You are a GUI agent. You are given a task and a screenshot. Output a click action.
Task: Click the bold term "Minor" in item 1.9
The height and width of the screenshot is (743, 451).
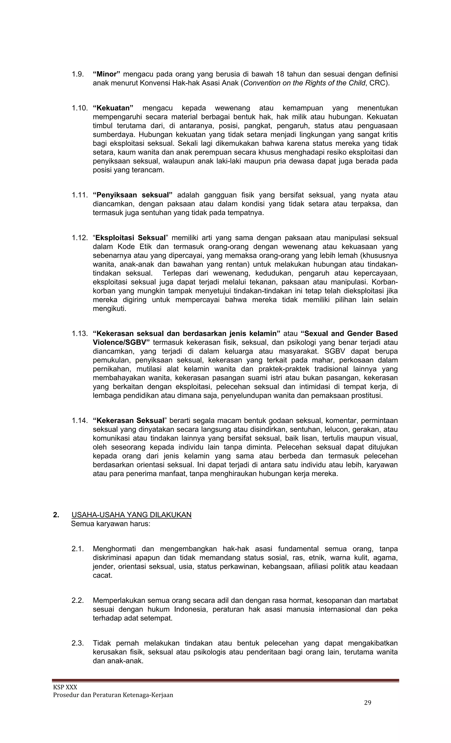point(107,74)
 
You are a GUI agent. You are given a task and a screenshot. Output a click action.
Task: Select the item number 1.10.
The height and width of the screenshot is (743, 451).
point(79,108)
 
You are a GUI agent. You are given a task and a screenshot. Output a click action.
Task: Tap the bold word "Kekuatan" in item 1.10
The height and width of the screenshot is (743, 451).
point(113,108)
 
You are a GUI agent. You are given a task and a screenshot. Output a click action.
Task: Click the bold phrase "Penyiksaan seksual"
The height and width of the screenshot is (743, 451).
point(133,195)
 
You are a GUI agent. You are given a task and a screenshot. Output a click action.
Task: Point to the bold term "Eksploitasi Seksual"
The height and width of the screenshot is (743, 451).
point(131,238)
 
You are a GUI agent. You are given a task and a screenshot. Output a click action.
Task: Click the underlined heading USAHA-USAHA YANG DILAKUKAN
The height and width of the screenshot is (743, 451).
point(131,515)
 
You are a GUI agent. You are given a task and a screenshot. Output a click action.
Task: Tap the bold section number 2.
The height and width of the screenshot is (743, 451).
point(56,515)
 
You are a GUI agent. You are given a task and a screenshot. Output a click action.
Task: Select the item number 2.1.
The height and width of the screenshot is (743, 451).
point(78,549)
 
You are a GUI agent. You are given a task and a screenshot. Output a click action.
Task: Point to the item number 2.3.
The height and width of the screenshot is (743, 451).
point(78,643)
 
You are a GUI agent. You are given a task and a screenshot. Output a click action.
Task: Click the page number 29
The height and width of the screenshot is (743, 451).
point(368,703)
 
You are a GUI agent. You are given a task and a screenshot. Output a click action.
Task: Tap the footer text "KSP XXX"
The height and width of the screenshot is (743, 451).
point(65,687)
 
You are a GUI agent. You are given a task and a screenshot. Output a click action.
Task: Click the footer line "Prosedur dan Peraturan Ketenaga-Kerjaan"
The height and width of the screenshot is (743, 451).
point(113,695)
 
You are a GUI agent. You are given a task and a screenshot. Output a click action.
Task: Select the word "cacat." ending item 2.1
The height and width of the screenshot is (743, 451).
point(102,575)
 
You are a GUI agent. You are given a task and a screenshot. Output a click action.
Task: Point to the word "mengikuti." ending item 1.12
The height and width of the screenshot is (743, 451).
point(109,309)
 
